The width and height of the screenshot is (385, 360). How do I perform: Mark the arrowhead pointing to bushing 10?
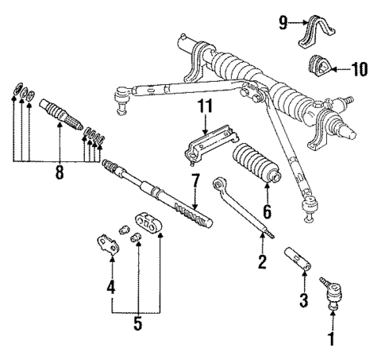pyautogui.click(x=335, y=70)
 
